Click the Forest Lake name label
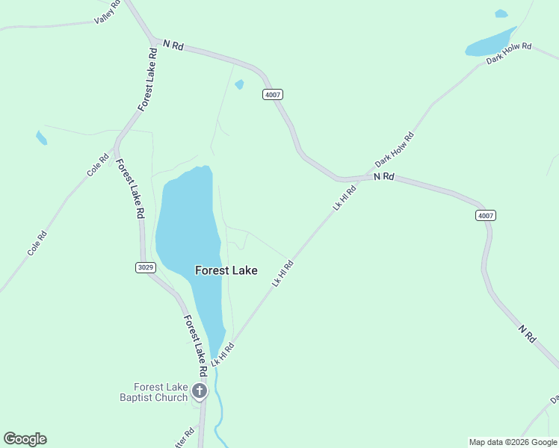click(226, 270)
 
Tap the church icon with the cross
click(200, 391)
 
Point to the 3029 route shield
click(146, 267)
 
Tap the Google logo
click(25, 439)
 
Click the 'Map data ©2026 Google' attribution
click(513, 442)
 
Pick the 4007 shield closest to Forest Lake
click(273, 94)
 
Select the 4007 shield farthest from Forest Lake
click(486, 215)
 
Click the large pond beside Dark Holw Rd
click(489, 43)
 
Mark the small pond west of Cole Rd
click(41, 137)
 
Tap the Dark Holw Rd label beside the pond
click(508, 52)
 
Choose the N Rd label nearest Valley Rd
click(173, 46)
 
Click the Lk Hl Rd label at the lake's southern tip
click(223, 354)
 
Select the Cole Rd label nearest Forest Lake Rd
click(98, 165)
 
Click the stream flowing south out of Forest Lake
click(217, 403)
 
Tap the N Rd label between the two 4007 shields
click(383, 176)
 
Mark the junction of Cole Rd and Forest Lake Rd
click(114, 146)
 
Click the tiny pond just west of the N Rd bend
click(239, 84)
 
